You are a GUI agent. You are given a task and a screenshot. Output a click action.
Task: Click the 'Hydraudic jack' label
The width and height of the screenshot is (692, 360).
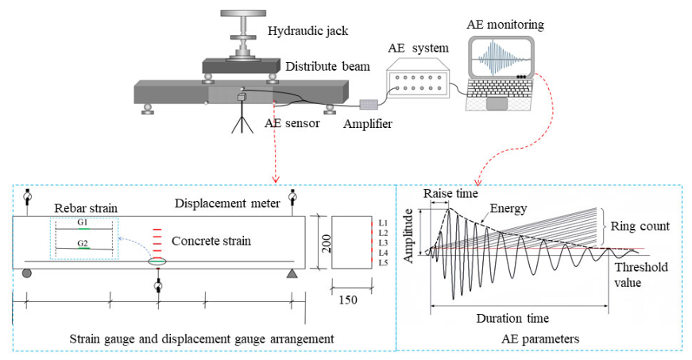pos(307,31)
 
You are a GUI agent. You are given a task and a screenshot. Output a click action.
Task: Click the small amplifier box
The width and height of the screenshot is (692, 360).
pos(369,105)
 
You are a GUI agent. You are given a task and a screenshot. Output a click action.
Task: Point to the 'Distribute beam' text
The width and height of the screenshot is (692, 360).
pos(327,67)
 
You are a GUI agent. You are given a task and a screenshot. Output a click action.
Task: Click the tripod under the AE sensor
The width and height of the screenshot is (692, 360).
pos(242,118)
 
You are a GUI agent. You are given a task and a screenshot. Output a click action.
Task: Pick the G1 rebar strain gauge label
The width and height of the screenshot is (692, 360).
pos(83,223)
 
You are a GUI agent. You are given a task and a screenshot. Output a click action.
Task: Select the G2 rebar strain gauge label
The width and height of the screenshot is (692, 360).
pos(83,243)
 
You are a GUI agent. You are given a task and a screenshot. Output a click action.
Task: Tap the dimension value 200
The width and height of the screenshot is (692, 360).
pos(327,243)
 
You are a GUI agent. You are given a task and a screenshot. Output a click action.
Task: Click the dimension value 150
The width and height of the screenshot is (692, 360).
pos(348,300)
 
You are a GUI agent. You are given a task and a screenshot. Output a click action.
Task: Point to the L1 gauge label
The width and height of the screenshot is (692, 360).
pos(383,223)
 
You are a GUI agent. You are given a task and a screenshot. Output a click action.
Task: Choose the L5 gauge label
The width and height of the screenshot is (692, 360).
pos(383,263)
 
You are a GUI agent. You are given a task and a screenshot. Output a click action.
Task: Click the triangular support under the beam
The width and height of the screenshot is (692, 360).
pos(292,274)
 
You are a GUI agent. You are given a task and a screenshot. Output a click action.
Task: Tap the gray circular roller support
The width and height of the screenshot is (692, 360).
pos(26,273)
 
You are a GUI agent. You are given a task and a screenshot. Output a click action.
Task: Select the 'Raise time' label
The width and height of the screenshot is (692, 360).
pos(450,194)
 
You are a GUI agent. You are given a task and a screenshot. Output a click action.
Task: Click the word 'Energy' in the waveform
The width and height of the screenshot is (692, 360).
pos(508,208)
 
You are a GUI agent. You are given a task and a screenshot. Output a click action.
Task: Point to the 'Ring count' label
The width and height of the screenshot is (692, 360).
pos(640,226)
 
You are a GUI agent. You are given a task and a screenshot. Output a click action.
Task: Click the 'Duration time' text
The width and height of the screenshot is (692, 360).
pos(512,318)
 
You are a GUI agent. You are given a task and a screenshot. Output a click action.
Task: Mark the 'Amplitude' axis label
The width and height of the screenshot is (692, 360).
pos(408,235)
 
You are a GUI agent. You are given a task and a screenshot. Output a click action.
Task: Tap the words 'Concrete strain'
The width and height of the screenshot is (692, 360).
pos(211,241)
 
